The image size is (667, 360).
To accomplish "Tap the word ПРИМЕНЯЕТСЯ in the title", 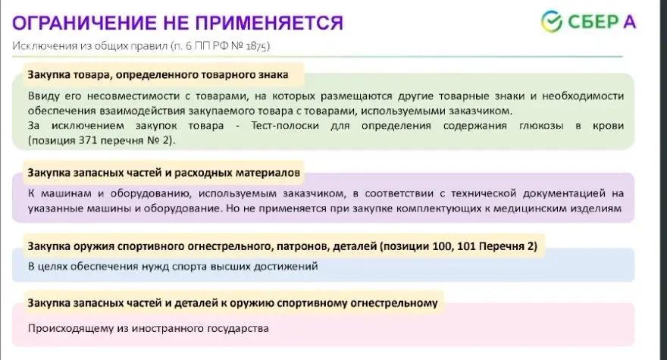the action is tap(269, 23).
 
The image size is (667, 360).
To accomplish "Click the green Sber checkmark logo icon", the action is tap(552, 21).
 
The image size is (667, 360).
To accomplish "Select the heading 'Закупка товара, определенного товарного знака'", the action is tap(158, 74).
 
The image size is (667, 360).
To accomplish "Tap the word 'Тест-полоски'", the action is tap(284, 126).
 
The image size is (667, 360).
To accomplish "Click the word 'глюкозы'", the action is tap(541, 126).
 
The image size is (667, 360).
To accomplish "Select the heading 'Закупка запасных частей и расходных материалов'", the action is tap(164, 173).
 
